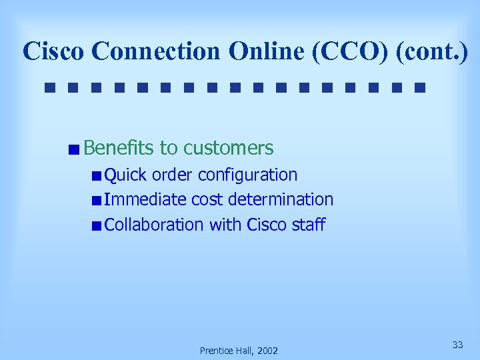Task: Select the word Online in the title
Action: coord(269,51)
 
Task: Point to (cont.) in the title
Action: coord(431,51)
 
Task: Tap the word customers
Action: coord(229,148)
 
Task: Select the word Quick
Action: coord(126,175)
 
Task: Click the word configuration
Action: coord(248,175)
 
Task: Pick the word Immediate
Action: coord(145,200)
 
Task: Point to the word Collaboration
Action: coord(154,225)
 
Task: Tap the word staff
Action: coord(309,225)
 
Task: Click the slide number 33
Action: coord(458,345)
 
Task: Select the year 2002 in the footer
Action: coord(267,351)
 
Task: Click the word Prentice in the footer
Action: coord(215,351)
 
